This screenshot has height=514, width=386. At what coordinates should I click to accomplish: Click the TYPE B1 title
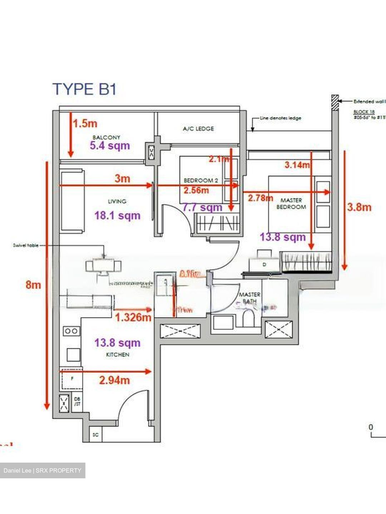pos(85,89)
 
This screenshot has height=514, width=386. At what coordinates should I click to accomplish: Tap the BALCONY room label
pos(106,137)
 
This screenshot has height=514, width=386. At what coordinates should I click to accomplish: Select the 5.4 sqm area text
pos(110,146)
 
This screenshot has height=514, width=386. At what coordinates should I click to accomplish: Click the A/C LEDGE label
pos(198,128)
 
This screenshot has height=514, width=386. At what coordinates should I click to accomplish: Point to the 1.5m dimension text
pos(85,124)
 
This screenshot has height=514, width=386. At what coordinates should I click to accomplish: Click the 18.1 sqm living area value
pos(117,216)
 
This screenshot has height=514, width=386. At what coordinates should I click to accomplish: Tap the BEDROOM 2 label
pos(201,181)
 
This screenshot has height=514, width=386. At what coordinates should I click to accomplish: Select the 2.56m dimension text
pos(196,190)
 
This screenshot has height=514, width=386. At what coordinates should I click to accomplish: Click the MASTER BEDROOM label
pos(291,203)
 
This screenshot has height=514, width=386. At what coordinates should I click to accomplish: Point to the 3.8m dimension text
pos(359,207)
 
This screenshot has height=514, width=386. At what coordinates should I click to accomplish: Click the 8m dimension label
pos(33,284)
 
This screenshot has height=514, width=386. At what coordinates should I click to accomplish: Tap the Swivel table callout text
pos(25,246)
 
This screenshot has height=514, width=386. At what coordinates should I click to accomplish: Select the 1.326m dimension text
pos(133,317)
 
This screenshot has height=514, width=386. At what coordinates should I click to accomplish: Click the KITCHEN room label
pos(118,354)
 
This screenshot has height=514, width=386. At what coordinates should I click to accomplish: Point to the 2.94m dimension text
pos(114,380)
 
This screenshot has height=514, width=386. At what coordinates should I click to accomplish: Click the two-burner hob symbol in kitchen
pos(71,331)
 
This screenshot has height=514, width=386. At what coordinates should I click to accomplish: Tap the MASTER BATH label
pos(249,298)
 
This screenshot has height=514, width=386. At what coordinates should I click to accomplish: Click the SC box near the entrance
pos(95,435)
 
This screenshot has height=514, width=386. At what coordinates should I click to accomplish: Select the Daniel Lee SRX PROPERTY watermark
pos(43,470)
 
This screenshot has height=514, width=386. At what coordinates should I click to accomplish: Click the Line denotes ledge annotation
pos(280,118)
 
